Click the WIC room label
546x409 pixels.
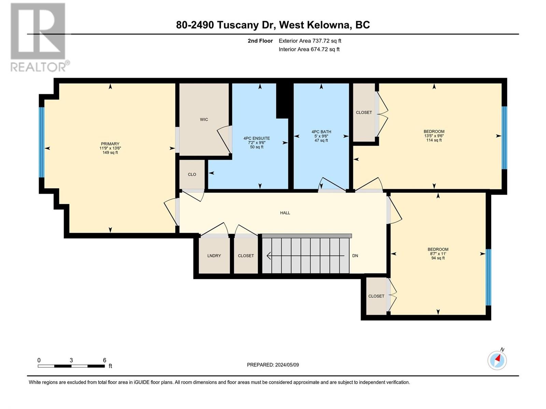click(204, 119)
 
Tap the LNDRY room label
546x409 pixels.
click(214, 256)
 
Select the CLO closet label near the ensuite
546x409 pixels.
click(192, 174)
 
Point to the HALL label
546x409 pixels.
click(285, 213)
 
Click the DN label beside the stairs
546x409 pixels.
click(355, 256)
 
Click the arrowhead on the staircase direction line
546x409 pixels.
click(269, 256)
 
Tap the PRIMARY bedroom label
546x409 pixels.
click(110, 144)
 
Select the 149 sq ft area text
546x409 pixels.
click(110, 152)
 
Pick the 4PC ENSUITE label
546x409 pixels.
click(257, 138)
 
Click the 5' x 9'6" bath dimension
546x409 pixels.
click(321, 136)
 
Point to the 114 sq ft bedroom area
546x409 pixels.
click(434, 140)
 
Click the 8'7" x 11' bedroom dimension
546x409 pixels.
click(438, 254)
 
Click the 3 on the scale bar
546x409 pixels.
click(71, 360)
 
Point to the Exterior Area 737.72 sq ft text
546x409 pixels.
click(310, 41)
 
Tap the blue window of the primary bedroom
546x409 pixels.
click(42, 142)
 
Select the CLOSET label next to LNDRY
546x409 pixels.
click(246, 256)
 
